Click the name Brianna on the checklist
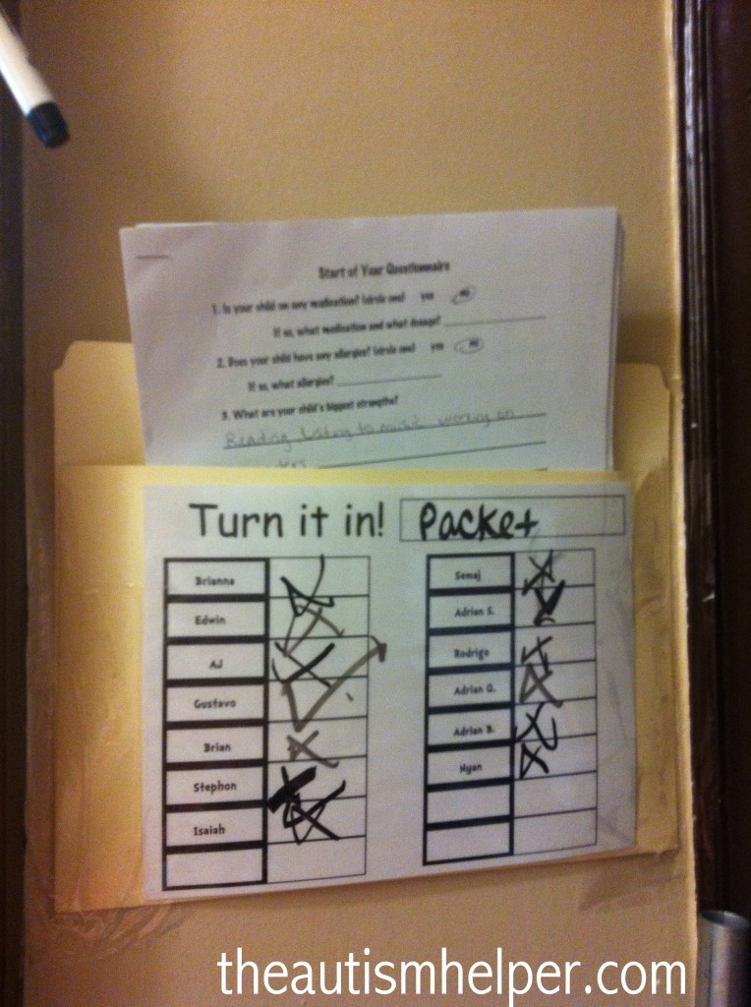coord(215,580)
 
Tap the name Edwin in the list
coord(215,621)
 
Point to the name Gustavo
coord(215,703)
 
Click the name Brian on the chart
coord(215,746)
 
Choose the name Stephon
coord(215,787)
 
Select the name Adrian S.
coord(469,612)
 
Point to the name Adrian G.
coord(469,690)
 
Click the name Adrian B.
coord(469,729)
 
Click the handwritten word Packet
coord(478,522)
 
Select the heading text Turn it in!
coord(286,520)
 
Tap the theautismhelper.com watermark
coord(451,974)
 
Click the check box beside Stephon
coord(317,787)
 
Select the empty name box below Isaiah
coord(215,866)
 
